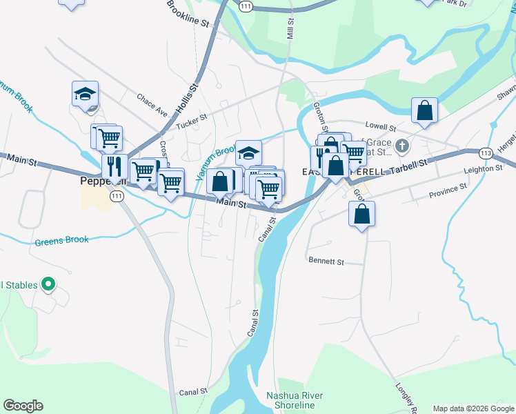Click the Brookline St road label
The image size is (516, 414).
click(x=188, y=13)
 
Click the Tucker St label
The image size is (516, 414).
click(x=191, y=122)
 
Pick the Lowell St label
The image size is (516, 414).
click(x=381, y=128)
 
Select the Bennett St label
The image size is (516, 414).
click(x=326, y=262)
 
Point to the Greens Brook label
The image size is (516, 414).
click(x=62, y=241)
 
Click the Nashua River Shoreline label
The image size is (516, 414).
click(x=295, y=400)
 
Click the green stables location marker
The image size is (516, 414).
click(x=48, y=284)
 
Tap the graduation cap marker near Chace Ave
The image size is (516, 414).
click(x=85, y=94)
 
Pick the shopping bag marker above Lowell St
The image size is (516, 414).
click(x=424, y=110)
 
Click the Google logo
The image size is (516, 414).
click(x=23, y=406)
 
